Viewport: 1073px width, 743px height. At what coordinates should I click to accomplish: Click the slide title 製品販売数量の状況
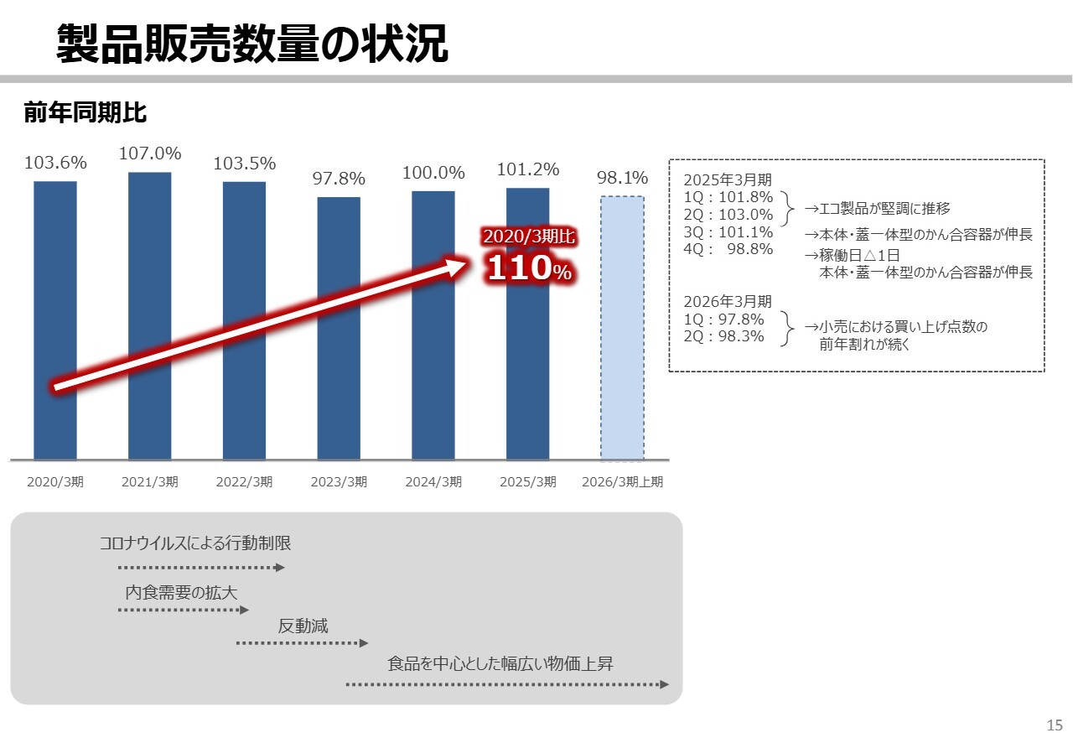pos(252,44)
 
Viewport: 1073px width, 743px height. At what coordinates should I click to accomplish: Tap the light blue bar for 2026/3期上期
pos(622,328)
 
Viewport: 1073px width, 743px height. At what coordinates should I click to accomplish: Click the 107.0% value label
pos(150,153)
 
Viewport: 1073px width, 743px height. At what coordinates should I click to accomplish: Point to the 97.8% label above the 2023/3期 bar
pos(339,179)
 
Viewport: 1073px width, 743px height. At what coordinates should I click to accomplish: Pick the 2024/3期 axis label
pos(433,482)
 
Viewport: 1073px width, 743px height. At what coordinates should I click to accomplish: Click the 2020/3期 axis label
pos(55,482)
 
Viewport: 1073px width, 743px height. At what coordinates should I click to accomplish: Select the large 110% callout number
pos(529,269)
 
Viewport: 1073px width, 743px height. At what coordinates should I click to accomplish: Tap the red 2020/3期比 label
pos(529,237)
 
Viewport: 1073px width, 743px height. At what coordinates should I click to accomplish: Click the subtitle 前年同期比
pos(86,112)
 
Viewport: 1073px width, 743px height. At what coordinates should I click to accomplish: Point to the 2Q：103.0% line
pos(728,215)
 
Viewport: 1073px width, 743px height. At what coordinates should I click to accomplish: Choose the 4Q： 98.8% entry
pos(728,249)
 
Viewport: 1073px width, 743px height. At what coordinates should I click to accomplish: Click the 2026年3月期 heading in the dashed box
pos(728,302)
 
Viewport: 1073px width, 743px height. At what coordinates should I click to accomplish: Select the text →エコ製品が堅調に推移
pos(877,209)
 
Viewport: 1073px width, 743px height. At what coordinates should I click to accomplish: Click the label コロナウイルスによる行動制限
pos(195,543)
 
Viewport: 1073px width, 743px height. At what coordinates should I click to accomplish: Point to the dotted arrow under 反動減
pos(302,643)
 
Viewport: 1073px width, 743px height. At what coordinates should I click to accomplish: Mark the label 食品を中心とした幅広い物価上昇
pos(500,664)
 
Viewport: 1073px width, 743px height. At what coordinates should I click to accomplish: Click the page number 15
pos(1055,725)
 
